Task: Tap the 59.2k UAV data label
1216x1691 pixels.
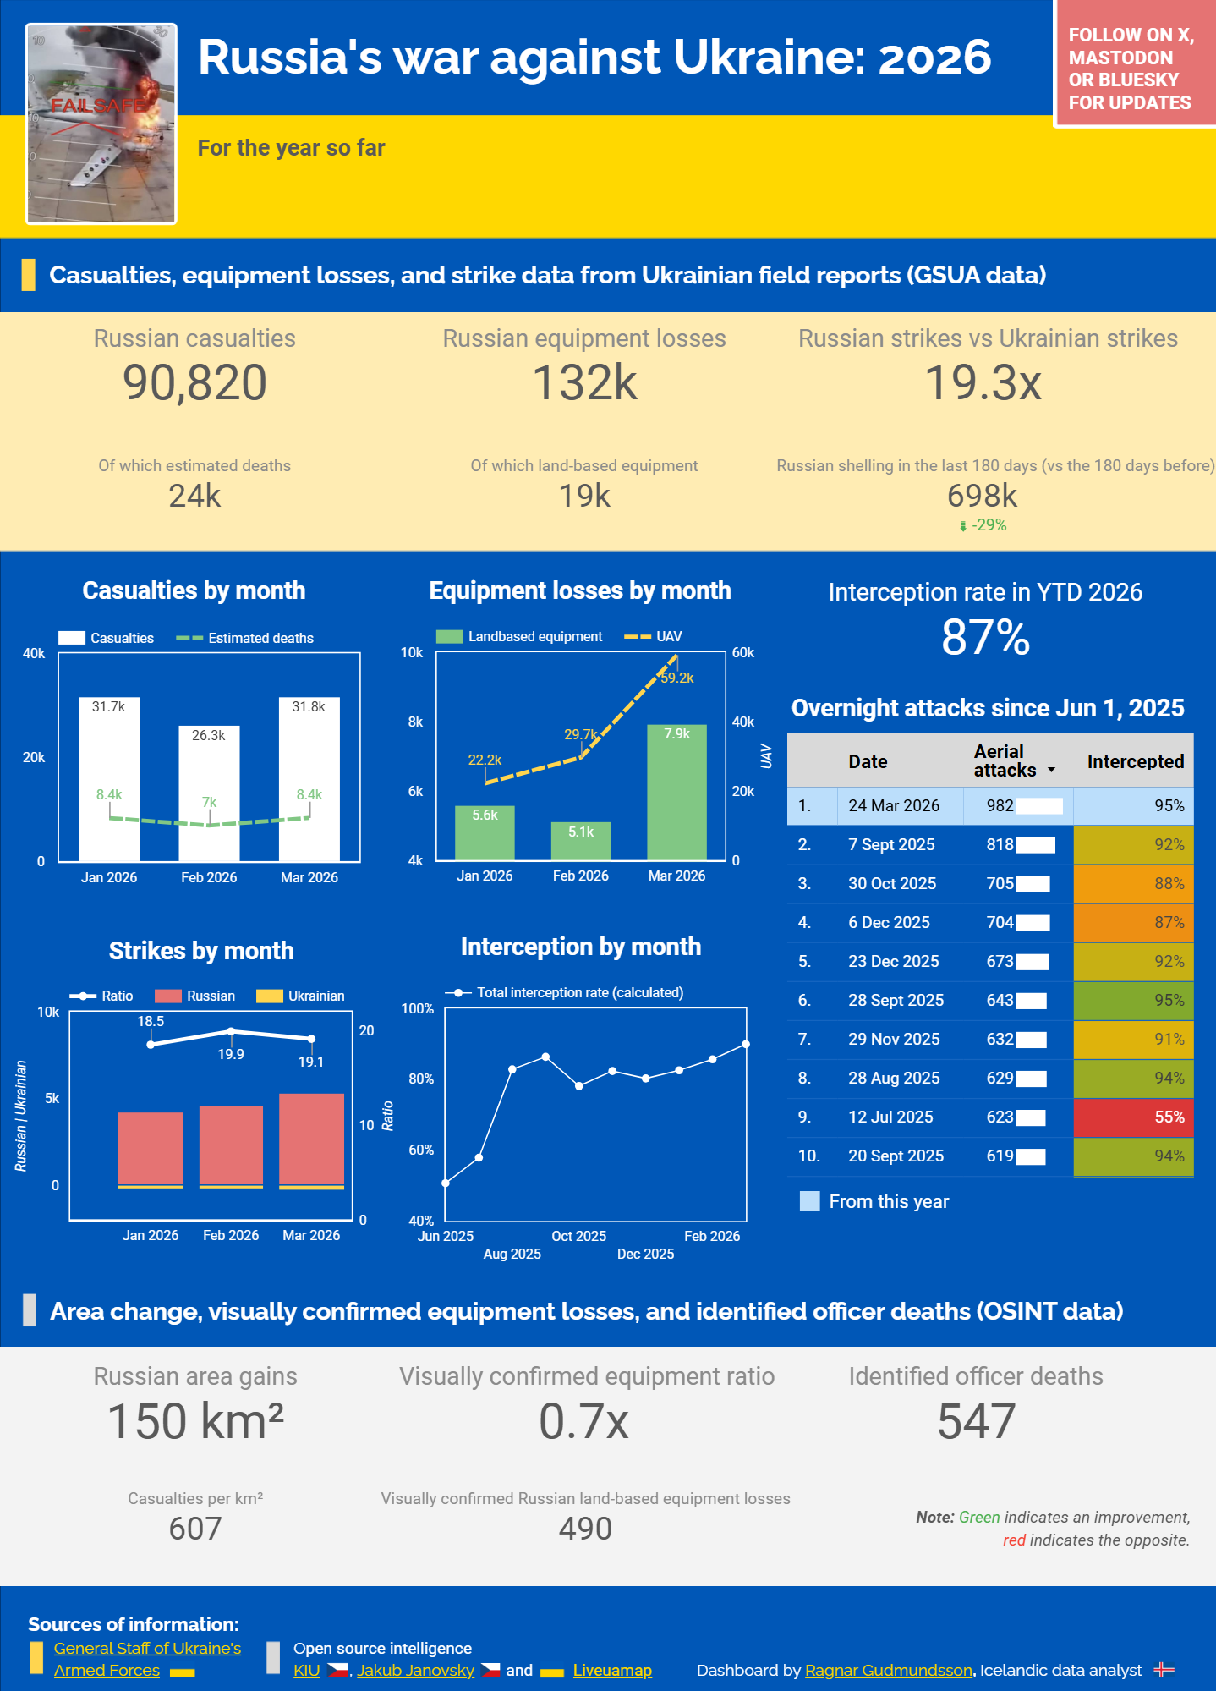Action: click(677, 678)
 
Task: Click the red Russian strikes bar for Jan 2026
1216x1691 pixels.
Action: click(151, 1149)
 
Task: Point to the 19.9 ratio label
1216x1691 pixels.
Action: click(231, 1054)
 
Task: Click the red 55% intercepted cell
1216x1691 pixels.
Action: click(1133, 1117)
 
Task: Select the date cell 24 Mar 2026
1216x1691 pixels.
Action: click(894, 805)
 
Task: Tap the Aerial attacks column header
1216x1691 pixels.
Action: click(1006, 761)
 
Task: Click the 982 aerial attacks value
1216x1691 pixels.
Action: click(1000, 805)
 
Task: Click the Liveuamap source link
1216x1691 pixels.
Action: click(612, 1671)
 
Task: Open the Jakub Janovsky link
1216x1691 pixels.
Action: click(415, 1671)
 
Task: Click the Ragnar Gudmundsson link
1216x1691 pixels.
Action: click(888, 1671)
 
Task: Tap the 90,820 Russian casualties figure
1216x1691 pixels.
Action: click(194, 382)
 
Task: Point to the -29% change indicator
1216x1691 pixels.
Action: click(988, 525)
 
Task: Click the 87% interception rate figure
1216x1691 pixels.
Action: click(985, 637)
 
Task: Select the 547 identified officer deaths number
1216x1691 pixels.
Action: click(976, 1421)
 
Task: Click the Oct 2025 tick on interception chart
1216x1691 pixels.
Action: click(578, 1236)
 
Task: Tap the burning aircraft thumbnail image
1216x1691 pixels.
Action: click(101, 124)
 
